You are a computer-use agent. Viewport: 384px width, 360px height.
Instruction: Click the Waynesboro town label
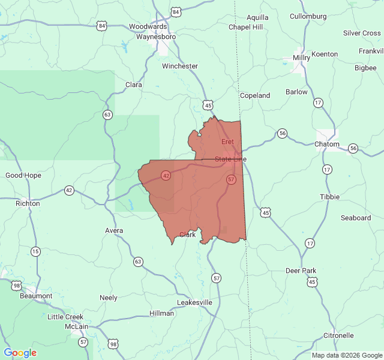155,37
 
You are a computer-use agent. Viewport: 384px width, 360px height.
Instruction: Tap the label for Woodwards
148,27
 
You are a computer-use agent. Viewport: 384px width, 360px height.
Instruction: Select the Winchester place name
179,66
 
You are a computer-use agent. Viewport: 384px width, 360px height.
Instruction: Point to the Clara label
133,85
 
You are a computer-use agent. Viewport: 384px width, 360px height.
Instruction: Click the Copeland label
254,95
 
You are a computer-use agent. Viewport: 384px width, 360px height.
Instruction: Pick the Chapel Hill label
245,27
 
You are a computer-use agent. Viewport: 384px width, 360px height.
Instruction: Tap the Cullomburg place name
308,16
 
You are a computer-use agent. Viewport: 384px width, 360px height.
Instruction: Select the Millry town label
301,58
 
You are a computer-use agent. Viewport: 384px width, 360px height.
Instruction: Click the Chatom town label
327,145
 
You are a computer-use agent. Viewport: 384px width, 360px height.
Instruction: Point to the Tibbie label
329,197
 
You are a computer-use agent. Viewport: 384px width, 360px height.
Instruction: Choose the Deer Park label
301,271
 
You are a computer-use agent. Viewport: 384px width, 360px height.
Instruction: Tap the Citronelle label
338,335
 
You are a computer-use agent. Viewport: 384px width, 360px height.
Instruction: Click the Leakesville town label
194,302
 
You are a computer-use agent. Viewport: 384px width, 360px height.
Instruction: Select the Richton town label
28,203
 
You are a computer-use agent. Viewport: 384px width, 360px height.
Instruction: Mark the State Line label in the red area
230,159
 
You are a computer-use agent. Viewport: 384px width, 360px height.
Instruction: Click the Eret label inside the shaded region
227,142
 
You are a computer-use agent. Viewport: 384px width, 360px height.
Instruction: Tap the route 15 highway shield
35,251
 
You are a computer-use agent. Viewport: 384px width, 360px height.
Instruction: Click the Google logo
20,353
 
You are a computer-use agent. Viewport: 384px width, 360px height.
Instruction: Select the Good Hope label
23,175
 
